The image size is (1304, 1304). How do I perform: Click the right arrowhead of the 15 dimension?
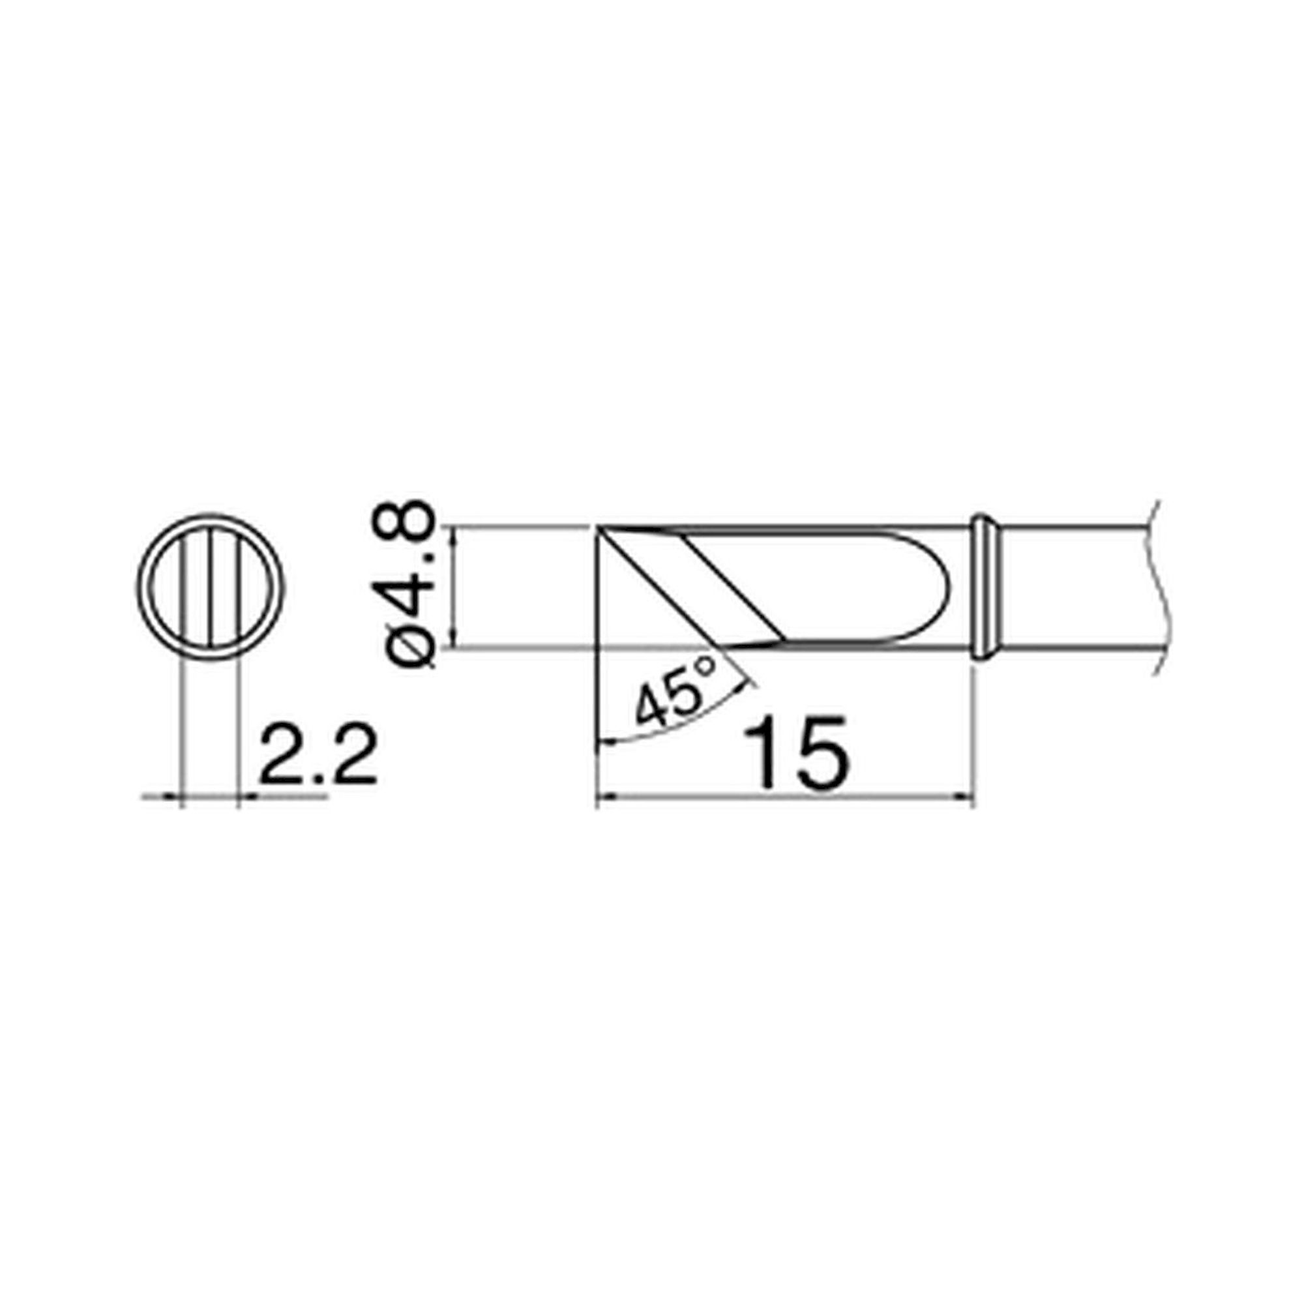click(x=968, y=797)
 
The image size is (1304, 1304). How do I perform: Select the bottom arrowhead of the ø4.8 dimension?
click(x=457, y=641)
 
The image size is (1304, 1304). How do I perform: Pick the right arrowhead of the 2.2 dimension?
click(x=246, y=797)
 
